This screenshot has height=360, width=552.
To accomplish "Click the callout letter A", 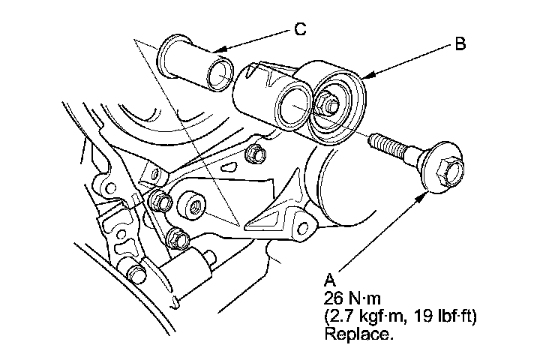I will click(327, 280).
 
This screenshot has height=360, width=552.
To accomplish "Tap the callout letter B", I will click(460, 43).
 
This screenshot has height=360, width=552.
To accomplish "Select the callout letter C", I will click(299, 29).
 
